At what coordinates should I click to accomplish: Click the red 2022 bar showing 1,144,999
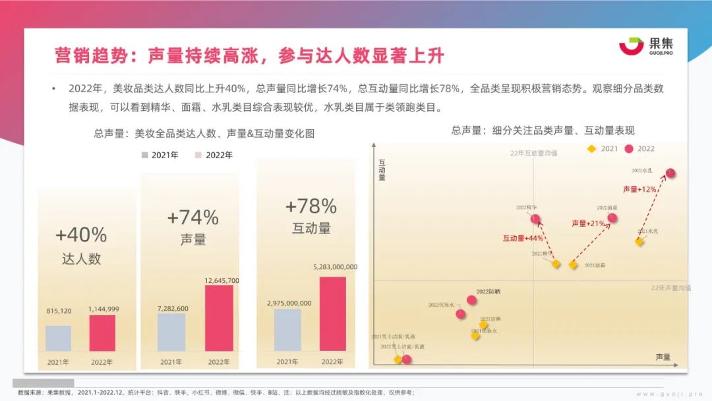tap(102, 333)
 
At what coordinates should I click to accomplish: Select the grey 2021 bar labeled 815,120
tap(58, 338)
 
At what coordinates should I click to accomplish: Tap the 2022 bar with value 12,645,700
tap(218, 318)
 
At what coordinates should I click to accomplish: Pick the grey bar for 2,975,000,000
tap(287, 330)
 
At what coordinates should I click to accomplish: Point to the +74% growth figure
tap(193, 217)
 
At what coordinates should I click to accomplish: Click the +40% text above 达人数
tap(81, 235)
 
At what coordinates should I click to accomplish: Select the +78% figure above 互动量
tap(311, 206)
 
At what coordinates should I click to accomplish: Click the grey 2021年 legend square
tap(144, 156)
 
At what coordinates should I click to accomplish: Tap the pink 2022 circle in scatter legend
tap(629, 149)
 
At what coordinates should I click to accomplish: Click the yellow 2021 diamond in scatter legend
tap(592, 149)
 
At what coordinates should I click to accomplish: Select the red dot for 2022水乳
tap(670, 173)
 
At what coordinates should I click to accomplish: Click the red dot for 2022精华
tap(535, 219)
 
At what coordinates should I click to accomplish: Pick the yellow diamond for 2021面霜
tap(573, 264)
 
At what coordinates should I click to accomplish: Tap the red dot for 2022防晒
tap(472, 300)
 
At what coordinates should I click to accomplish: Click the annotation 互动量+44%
tap(523, 237)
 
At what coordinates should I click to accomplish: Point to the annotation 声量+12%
tap(639, 189)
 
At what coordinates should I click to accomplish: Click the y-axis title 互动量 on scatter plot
tap(382, 169)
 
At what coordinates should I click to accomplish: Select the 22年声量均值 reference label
tap(670, 288)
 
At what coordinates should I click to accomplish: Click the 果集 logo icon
tap(630, 46)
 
